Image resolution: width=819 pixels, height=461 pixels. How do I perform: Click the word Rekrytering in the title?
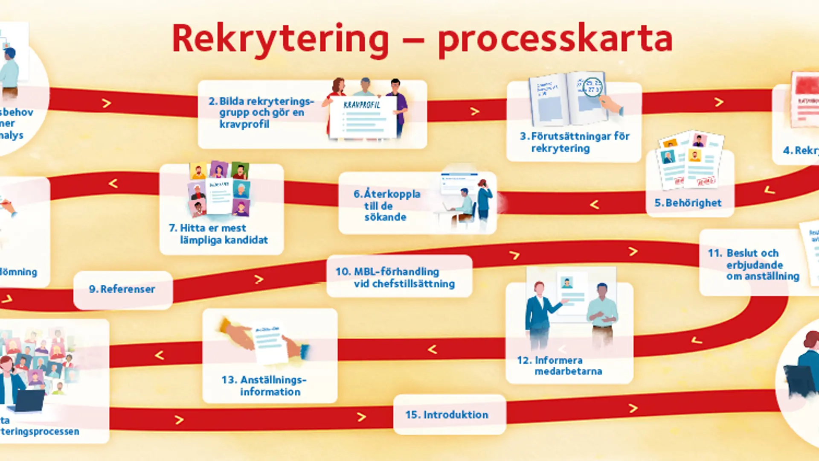pos(280,39)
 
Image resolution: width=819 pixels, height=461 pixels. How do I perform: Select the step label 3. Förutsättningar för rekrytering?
pos(574,142)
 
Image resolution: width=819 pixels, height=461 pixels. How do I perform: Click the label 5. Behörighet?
pos(688,203)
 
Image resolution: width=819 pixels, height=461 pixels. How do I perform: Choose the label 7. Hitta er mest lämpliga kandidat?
pos(218,234)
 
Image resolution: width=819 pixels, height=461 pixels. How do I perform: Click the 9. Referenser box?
pos(122,289)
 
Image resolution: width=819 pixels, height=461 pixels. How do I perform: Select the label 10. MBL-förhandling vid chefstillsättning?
pos(395,277)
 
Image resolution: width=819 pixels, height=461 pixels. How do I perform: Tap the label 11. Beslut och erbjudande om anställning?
pos(753,265)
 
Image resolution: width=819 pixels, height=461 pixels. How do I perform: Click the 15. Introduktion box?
pos(447,414)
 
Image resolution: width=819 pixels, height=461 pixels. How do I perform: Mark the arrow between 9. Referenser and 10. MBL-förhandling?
pos(258,280)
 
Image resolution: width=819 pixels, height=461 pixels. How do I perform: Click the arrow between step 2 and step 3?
pos(474,111)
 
